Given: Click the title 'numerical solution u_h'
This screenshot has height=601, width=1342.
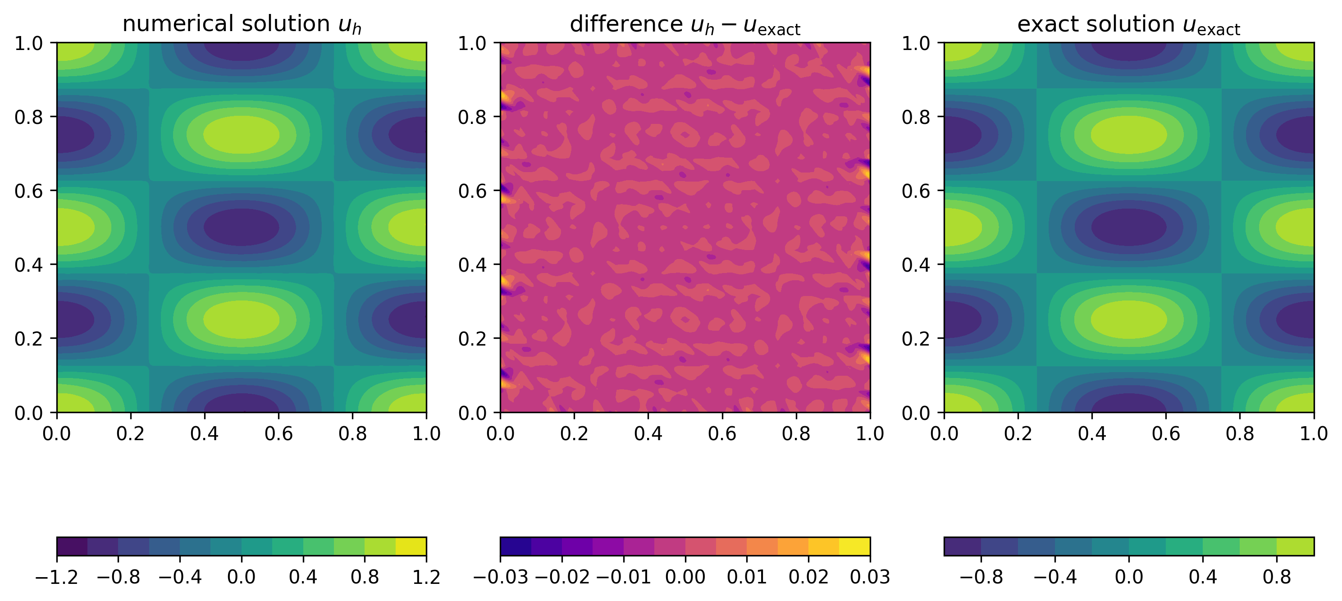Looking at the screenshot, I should pyautogui.click(x=241, y=24).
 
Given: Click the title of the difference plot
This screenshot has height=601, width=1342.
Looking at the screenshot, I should pyautogui.click(x=685, y=24).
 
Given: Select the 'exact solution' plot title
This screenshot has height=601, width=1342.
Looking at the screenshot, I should pyautogui.click(x=1128, y=24).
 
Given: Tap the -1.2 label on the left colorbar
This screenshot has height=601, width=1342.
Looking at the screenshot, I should pyautogui.click(x=57, y=577).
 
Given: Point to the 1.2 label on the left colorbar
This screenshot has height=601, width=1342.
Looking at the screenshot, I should pyautogui.click(x=426, y=577).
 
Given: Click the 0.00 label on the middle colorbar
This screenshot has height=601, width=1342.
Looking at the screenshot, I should pyautogui.click(x=685, y=577).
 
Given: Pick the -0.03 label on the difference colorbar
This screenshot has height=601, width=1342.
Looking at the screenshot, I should pyautogui.click(x=500, y=577).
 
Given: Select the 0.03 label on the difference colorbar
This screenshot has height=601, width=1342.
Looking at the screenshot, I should pyautogui.click(x=869, y=577).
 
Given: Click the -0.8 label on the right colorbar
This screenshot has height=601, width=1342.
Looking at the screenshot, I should pyautogui.click(x=981, y=577).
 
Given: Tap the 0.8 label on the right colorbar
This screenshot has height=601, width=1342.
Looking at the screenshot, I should pyautogui.click(x=1277, y=577).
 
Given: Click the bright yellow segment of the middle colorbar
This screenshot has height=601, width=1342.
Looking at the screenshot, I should pyautogui.click(x=854, y=546).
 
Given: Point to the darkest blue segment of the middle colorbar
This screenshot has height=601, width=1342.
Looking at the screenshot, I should pyautogui.click(x=515, y=546).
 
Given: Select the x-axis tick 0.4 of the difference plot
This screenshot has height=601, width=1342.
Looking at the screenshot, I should pyautogui.click(x=648, y=433).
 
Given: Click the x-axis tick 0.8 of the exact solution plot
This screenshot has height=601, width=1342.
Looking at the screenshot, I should pyautogui.click(x=1239, y=433).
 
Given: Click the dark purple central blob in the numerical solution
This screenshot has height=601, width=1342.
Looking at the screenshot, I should pyautogui.click(x=241, y=227).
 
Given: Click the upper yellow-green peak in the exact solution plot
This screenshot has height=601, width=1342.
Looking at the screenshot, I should pyautogui.click(x=1128, y=135).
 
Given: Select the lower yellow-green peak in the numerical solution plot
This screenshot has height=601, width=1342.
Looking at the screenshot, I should pyautogui.click(x=241, y=320).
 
